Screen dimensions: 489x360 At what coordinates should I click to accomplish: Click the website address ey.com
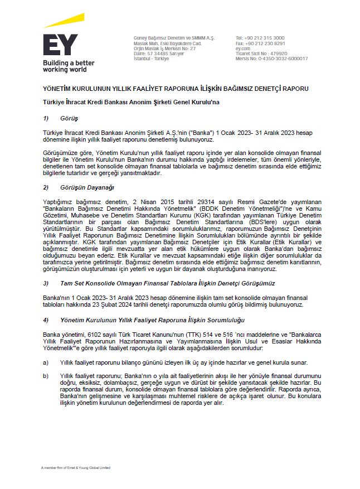(243, 49)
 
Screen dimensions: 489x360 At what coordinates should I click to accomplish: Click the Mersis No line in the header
(271, 59)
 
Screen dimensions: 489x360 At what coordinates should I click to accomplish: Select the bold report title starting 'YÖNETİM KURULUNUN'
(176, 89)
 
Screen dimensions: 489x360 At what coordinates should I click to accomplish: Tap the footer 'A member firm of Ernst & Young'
(75, 467)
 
